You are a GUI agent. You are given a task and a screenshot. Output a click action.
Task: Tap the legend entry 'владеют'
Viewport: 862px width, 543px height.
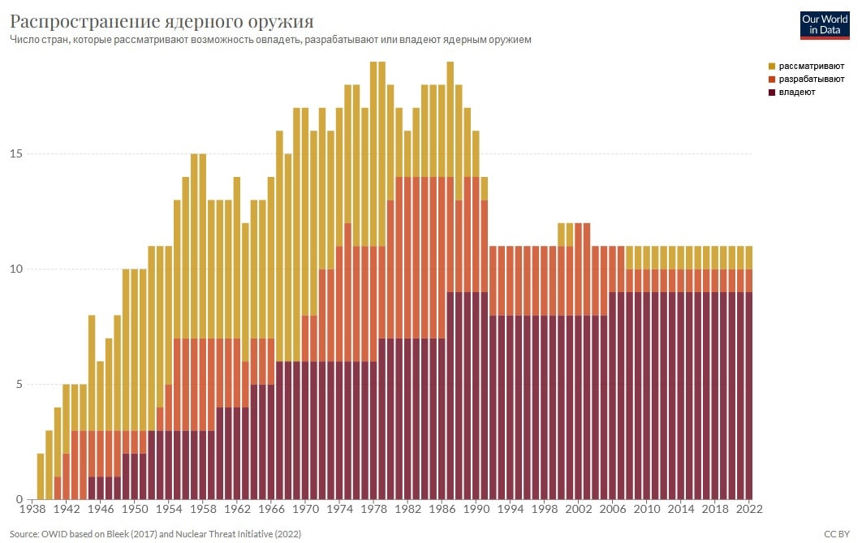pos(796,93)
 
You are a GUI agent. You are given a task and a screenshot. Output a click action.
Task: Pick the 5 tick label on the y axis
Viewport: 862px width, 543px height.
pos(19,385)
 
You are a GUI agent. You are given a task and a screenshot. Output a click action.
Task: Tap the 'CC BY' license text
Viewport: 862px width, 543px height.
pos(837,534)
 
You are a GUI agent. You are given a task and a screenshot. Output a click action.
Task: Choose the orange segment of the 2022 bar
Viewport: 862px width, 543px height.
pos(748,281)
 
